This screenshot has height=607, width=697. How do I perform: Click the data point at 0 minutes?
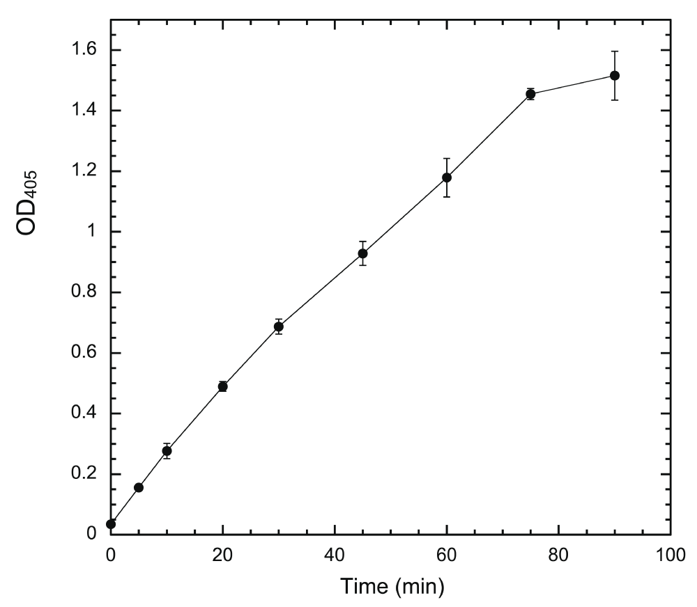[111, 523]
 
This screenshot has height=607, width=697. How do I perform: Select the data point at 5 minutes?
[139, 487]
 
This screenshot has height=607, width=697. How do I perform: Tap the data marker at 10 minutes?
[167, 450]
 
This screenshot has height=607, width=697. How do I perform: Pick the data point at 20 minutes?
[223, 386]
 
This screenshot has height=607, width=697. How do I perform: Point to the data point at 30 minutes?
[279, 326]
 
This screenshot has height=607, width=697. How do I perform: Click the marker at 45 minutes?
[362, 253]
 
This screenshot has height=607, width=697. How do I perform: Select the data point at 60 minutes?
[447, 178]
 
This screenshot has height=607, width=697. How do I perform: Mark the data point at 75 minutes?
[530, 94]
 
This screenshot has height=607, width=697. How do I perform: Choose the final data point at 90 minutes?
[614, 75]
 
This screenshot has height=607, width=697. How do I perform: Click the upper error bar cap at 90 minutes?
[614, 52]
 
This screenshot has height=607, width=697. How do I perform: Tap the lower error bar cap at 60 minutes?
[447, 197]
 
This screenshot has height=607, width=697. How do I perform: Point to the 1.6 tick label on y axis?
[84, 51]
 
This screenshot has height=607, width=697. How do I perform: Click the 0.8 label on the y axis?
[84, 292]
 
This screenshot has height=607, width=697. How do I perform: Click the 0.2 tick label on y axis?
[84, 474]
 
